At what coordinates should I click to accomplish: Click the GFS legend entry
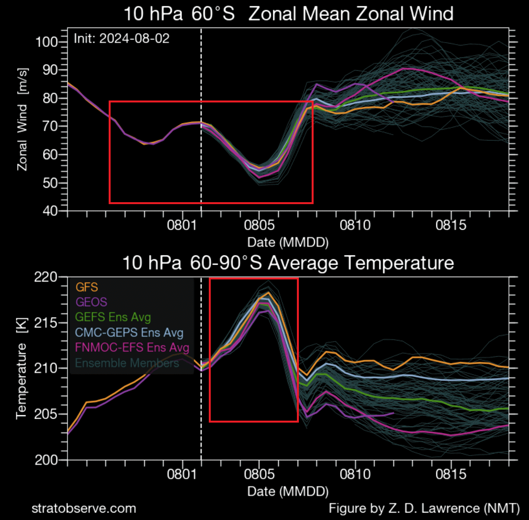click(x=87, y=287)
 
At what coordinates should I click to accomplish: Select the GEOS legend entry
click(x=91, y=302)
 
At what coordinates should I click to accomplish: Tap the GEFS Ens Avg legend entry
click(x=113, y=317)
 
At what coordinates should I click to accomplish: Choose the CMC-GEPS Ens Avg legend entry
click(x=129, y=333)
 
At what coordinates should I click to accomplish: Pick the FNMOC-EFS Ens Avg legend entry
click(x=132, y=347)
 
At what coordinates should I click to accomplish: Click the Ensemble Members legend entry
click(x=127, y=363)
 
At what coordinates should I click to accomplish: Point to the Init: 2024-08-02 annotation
click(x=121, y=38)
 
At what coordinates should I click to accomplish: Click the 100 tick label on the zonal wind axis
click(x=47, y=42)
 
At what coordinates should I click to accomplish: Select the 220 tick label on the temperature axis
click(x=46, y=277)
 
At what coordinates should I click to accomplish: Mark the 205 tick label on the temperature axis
click(x=46, y=414)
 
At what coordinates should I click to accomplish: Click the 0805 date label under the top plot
click(x=259, y=225)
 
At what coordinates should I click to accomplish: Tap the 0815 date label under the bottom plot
click(x=451, y=474)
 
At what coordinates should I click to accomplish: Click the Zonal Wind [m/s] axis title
click(x=22, y=119)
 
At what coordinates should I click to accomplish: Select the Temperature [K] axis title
click(x=21, y=369)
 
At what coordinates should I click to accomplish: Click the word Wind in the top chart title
click(x=431, y=14)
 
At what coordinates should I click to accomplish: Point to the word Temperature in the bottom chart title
click(x=399, y=263)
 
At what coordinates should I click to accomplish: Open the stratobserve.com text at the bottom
click(x=84, y=508)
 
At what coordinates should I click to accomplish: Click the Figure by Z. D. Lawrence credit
click(x=424, y=508)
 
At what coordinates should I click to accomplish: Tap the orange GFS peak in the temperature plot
click(x=268, y=293)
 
